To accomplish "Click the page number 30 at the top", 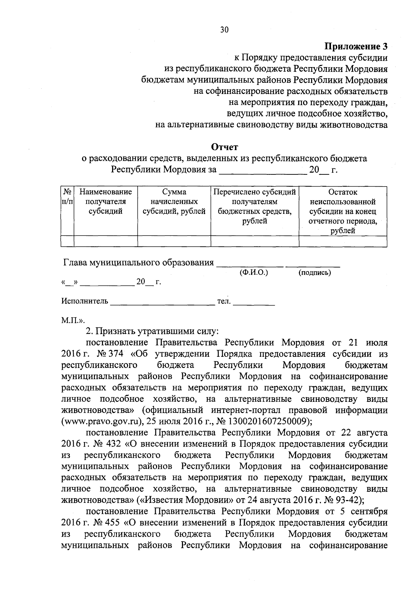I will coord(224,30).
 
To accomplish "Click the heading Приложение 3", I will coord(356,46).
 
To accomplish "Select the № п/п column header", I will coord(67,197).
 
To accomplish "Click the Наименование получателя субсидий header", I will coord(105,202).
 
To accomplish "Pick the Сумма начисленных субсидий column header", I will coord(174,202).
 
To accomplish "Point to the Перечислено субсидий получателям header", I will coord(255,206).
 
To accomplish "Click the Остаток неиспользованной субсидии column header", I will coord(343,211).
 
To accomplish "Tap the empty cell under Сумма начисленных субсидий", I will coord(174,241).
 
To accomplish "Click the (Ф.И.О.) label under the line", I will coord(253,272).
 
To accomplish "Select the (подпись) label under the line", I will coord(314,273).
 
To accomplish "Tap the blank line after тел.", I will coord(254,303).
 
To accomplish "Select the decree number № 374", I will coord(110,354).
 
